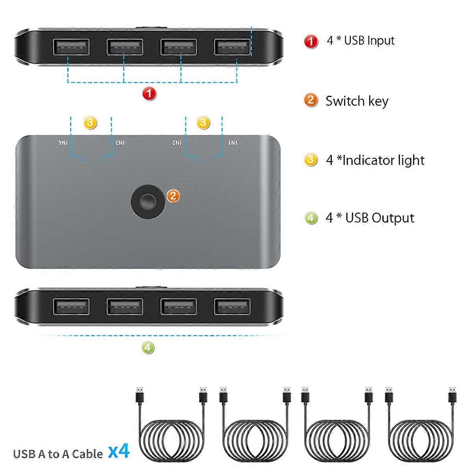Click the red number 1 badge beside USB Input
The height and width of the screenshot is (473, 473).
[x=311, y=41]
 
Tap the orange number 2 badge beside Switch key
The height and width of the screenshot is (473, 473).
[x=311, y=100]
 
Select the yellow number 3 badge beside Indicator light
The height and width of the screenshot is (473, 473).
[x=311, y=160]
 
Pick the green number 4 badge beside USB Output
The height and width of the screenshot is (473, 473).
[x=311, y=218]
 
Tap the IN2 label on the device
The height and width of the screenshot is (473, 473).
[x=177, y=142]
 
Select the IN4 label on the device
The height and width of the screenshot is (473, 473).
[x=63, y=142]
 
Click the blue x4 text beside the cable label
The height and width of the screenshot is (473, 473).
[x=119, y=451]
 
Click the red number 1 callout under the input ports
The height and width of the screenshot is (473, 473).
[x=149, y=94]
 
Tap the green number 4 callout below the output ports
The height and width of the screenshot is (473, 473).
[x=148, y=348]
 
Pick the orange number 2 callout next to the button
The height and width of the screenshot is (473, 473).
[x=173, y=196]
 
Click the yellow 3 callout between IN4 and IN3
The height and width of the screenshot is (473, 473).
[x=90, y=123]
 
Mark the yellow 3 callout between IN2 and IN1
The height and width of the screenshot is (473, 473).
[x=203, y=123]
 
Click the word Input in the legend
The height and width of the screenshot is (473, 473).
[x=381, y=41]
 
